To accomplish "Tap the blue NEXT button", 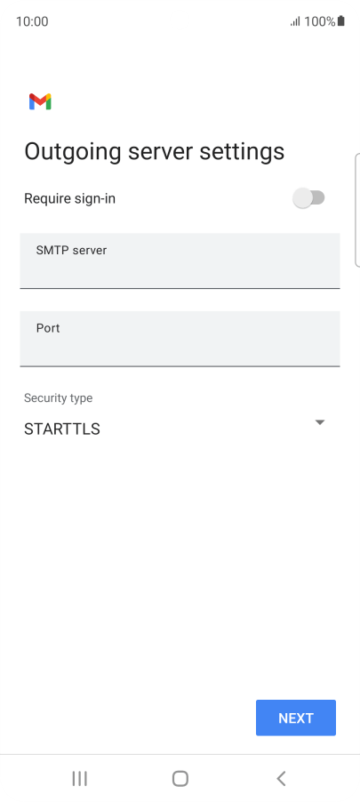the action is pos(296,718).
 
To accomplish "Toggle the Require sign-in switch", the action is pos(308,198).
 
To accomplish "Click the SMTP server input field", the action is pos(180,261).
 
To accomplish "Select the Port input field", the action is pos(180,339).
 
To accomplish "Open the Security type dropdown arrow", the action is pos(320,422).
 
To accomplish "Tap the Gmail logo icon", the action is pos(40,101).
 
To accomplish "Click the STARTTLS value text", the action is pos(62,429).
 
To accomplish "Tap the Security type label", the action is pos(59,398).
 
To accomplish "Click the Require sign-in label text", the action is pos(69,198).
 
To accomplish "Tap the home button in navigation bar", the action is pos(180,779).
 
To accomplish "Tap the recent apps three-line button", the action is pos(79,779).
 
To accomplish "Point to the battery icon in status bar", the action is pos(341,21).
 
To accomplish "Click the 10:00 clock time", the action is pos(32,21).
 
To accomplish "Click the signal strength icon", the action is pos(295,21).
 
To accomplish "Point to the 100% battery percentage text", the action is pos(320,21).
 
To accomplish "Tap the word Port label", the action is pos(48,328).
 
